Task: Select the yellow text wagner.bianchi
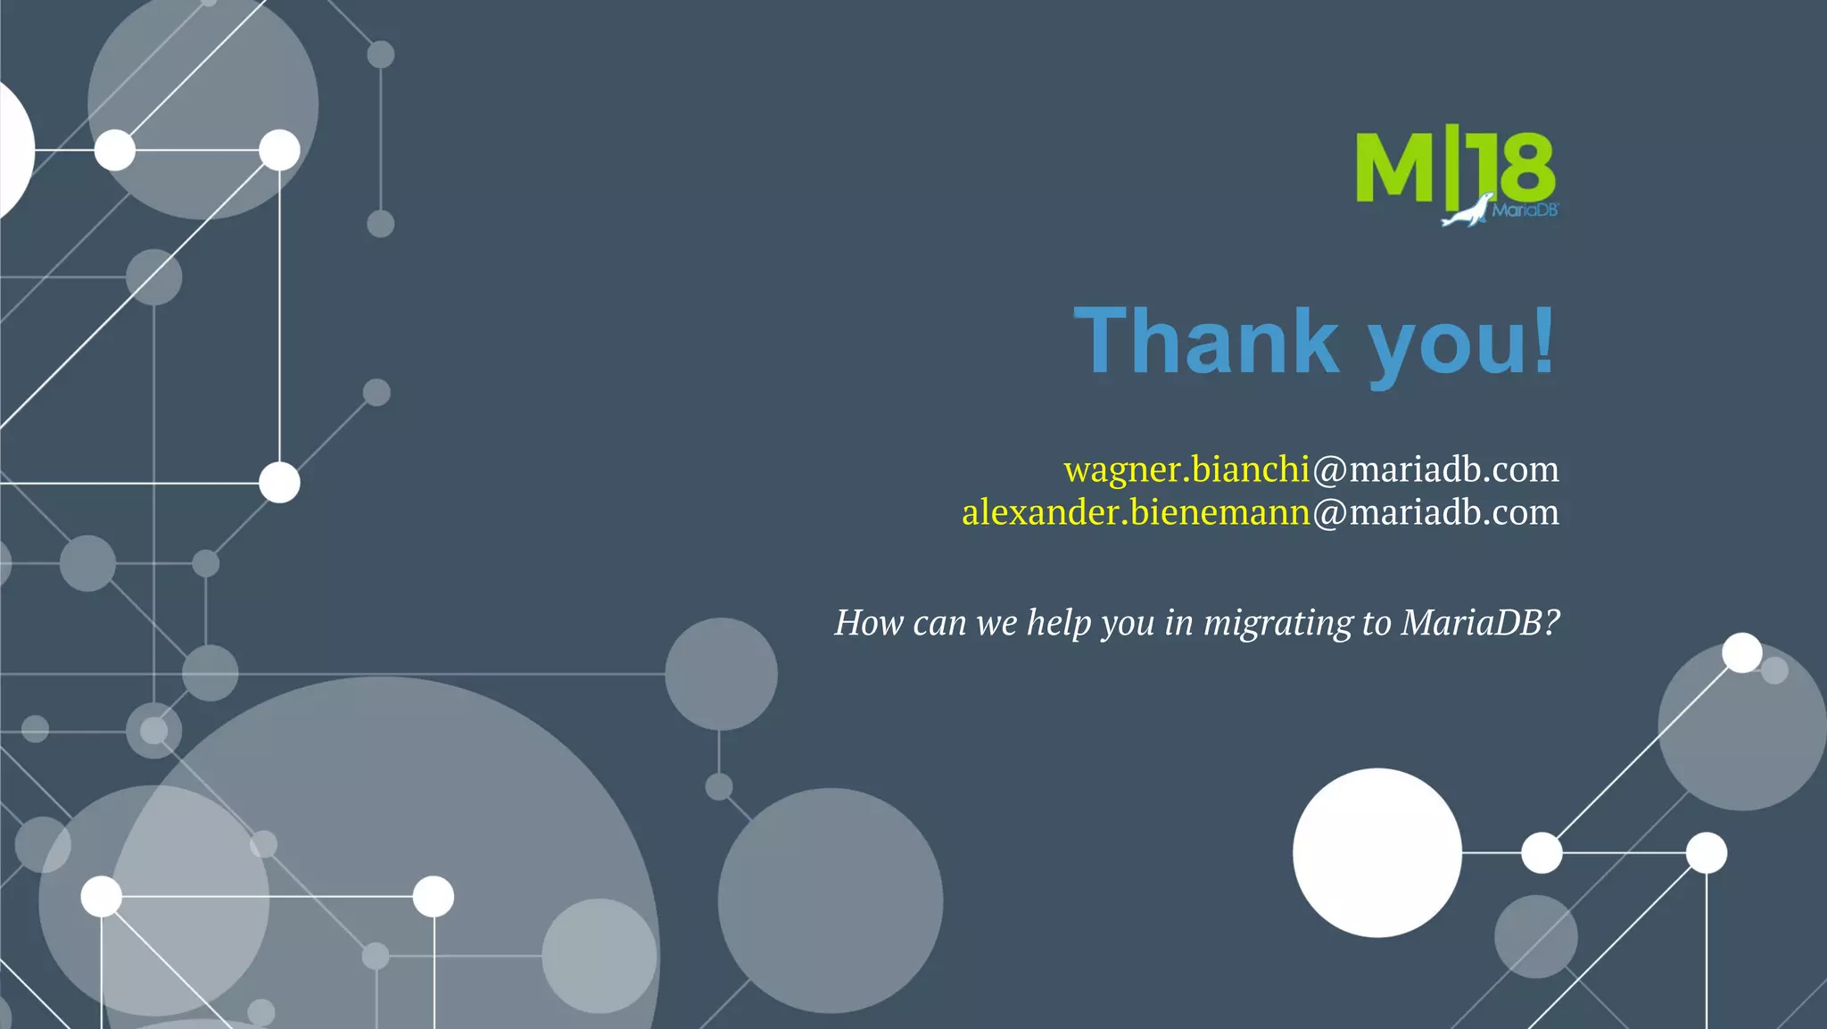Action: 1186,469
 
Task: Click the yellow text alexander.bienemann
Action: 1136,512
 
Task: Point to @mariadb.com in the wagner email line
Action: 1435,469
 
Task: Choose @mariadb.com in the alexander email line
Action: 1435,512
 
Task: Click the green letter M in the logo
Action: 1394,168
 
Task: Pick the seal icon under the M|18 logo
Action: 1466,212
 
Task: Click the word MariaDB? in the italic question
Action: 1480,622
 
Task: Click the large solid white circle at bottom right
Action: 1376,852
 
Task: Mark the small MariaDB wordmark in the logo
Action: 1525,211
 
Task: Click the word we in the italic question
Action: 996,622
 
